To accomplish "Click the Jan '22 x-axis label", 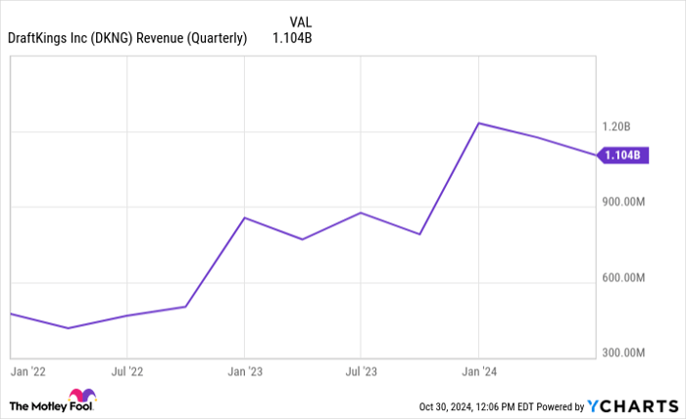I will pos(27,372).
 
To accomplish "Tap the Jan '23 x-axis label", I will pos(244,372).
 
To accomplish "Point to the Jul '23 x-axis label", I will pos(361,372).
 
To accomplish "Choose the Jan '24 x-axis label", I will pos(478,372).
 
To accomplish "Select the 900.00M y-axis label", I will pos(623,203).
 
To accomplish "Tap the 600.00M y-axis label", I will pos(623,278).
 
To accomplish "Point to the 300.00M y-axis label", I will pos(623,352).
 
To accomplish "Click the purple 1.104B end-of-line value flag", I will pos(621,155).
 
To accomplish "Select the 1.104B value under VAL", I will pos(293,38).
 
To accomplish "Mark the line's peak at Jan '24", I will pos(478,123).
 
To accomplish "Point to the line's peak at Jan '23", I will pos(244,217).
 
